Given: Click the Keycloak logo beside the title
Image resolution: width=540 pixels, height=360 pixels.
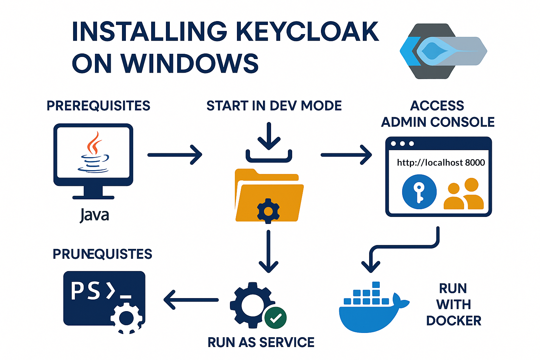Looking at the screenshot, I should pyautogui.click(x=443, y=51).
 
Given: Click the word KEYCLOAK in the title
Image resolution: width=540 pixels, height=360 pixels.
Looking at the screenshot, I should pyautogui.click(x=307, y=32).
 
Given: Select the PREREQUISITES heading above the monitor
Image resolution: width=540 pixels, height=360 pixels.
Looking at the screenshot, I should pyautogui.click(x=98, y=106).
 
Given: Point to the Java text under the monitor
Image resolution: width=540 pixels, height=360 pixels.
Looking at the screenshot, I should pyautogui.click(x=94, y=215).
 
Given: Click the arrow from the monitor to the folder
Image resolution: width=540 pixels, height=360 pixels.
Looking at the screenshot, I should pyautogui.click(x=175, y=155).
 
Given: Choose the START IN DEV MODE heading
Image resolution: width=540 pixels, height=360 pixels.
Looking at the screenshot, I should pyautogui.click(x=274, y=106).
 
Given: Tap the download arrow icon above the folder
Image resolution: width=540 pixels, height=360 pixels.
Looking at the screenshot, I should pyautogui.click(x=269, y=142).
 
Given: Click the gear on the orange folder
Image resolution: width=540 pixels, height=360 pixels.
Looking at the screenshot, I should pyautogui.click(x=268, y=211).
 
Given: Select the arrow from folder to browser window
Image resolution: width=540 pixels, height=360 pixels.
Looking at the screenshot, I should pyautogui.click(x=346, y=155).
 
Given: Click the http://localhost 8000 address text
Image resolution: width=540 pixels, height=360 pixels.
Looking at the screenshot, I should pyautogui.click(x=441, y=162).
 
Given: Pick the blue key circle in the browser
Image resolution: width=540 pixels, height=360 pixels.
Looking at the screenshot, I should pyautogui.click(x=419, y=192).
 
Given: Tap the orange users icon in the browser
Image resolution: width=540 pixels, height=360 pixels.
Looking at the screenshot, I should pyautogui.click(x=464, y=194).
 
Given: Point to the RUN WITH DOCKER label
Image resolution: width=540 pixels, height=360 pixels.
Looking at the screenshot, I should pyautogui.click(x=453, y=304).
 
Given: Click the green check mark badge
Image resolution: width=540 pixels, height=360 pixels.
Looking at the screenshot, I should pyautogui.click(x=276, y=317).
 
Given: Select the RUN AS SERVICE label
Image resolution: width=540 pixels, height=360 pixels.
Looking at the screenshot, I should pyautogui.click(x=261, y=342).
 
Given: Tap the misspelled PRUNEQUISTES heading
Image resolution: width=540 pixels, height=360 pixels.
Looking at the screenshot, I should pyautogui.click(x=102, y=254).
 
